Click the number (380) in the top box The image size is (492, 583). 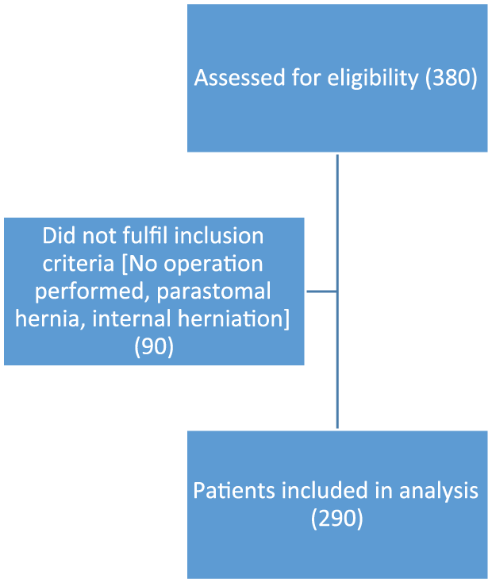click(451, 79)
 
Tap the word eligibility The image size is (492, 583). click(373, 79)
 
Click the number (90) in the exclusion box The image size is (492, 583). click(154, 346)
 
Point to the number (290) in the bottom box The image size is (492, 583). click(336, 519)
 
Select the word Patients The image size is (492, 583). click(234, 490)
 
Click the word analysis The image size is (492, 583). click(439, 491)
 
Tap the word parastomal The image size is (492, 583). click(213, 291)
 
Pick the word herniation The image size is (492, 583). click(231, 319)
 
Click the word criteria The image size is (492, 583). click(78, 264)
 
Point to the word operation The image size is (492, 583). click(213, 264)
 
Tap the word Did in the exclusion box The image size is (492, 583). click(59, 236)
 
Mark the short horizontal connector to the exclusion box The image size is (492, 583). click(321, 291)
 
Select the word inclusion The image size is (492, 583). click(218, 236)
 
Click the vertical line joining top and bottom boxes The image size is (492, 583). click(337, 291)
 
